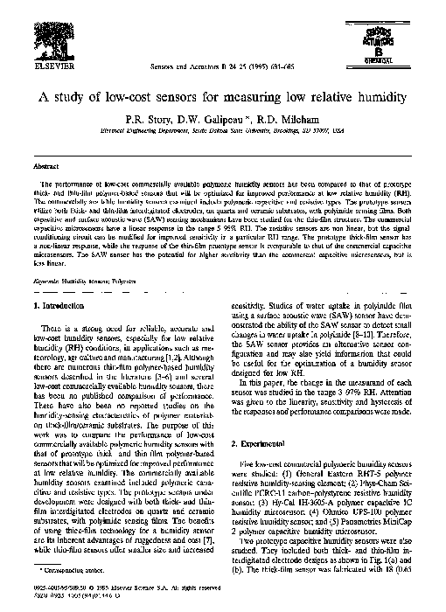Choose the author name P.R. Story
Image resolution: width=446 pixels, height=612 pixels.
pyautogui.click(x=147, y=118)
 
